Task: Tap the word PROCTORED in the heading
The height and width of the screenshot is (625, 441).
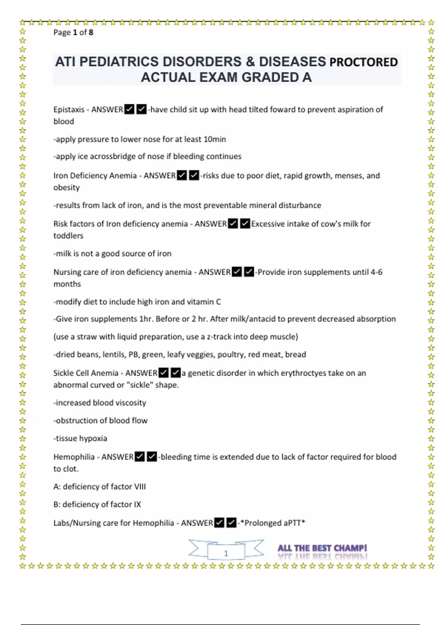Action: tap(364, 62)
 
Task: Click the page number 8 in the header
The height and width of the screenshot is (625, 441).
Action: tap(91, 32)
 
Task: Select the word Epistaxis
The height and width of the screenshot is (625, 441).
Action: tap(69, 110)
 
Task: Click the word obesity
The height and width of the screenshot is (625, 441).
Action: tap(67, 187)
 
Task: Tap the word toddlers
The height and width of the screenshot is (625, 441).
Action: tap(68, 236)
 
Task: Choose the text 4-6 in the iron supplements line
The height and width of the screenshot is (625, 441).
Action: tap(376, 272)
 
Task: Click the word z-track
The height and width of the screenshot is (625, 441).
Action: tap(219, 337)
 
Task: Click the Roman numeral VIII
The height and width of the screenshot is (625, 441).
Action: tap(140, 486)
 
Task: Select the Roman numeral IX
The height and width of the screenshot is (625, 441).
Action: tap(137, 504)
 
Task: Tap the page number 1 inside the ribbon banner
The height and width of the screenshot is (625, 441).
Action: tap(226, 553)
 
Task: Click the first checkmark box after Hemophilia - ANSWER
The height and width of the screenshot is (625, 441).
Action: tap(140, 457)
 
